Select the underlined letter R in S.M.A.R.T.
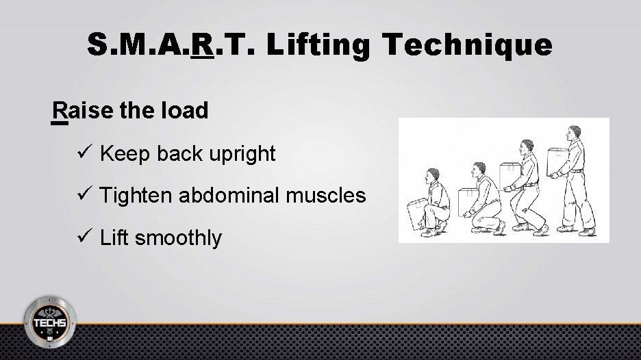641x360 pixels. pos(203,44)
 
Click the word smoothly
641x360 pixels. pos(180,238)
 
